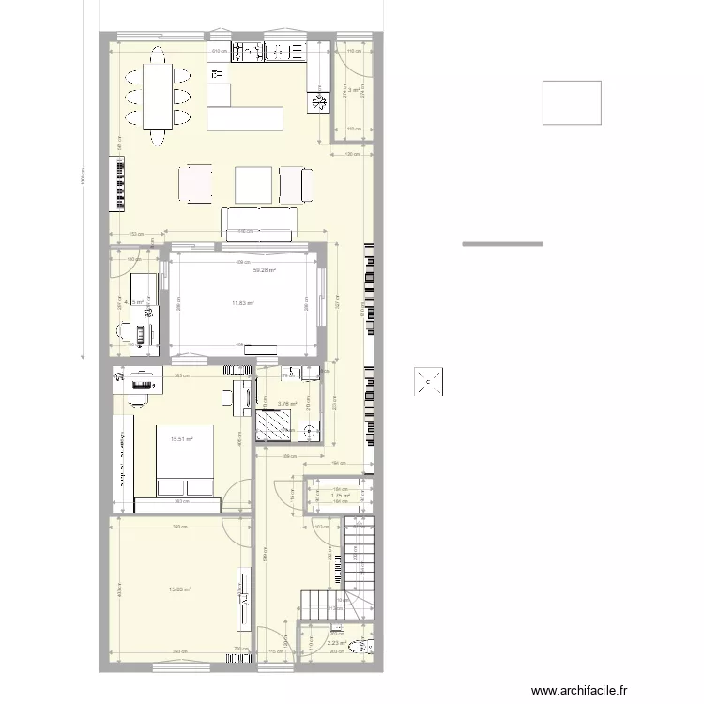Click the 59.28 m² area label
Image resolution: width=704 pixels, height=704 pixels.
click(x=265, y=270)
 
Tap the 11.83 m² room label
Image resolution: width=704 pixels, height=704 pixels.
click(x=244, y=303)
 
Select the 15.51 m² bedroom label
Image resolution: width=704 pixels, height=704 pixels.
click(x=181, y=439)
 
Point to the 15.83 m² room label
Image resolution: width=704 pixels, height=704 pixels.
click(x=179, y=589)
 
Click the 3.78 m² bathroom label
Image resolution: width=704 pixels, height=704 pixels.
click(x=287, y=405)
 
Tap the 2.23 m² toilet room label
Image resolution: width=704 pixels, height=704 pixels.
click(x=336, y=644)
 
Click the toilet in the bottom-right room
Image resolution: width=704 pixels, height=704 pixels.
click(x=366, y=646)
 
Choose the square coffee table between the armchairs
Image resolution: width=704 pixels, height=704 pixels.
click(x=253, y=184)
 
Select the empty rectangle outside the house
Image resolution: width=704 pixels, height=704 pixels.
click(x=572, y=102)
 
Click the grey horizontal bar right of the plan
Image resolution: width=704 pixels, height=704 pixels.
click(x=502, y=244)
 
